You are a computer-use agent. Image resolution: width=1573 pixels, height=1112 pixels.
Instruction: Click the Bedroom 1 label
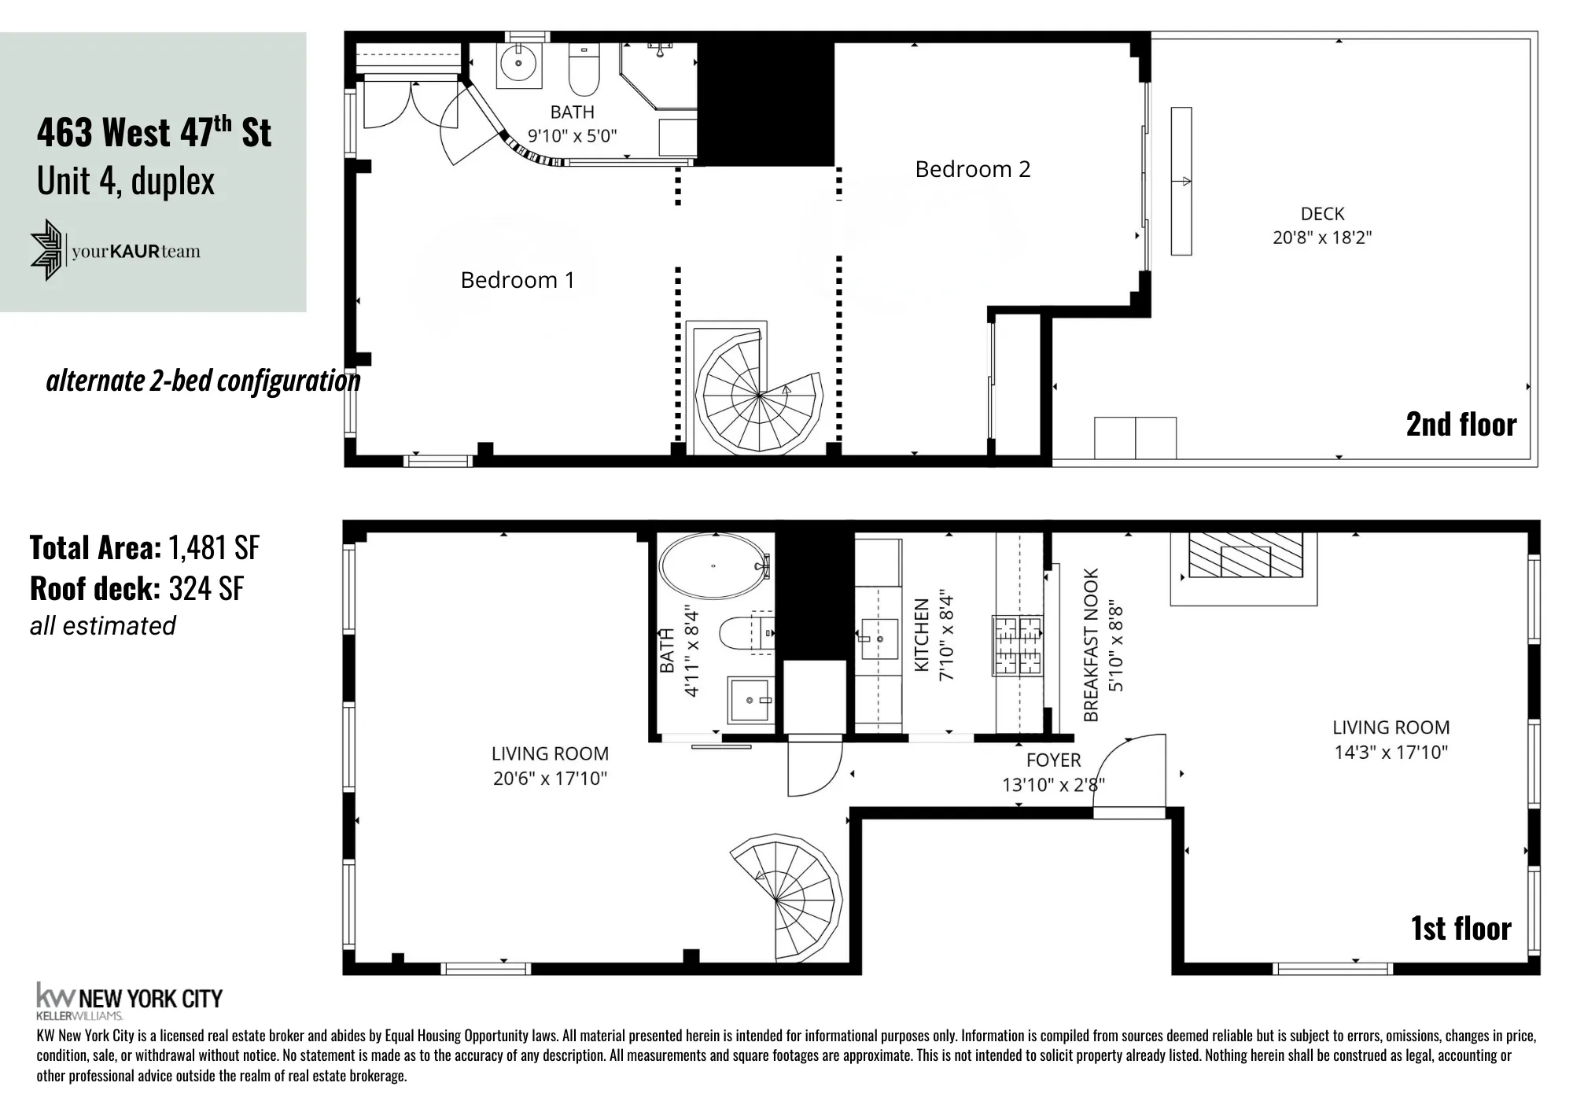[x=518, y=280]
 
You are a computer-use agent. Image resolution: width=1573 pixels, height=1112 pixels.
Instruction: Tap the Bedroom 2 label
[x=972, y=169]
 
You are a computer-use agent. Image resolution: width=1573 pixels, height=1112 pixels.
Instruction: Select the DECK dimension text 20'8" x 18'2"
[x=1322, y=237]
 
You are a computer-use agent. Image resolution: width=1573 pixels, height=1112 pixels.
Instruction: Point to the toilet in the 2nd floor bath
[x=584, y=71]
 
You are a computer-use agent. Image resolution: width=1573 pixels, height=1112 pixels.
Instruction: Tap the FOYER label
[x=1053, y=760]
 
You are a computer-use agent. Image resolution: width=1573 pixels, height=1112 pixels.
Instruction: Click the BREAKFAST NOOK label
[x=1091, y=645]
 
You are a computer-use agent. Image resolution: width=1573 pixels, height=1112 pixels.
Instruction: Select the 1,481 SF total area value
[x=213, y=548]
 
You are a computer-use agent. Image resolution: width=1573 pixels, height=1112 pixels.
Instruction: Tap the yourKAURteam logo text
[x=136, y=252]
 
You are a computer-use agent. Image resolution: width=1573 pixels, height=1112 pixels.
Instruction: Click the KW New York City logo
[x=130, y=999]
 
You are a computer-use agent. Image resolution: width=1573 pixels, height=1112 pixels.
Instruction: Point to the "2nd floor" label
[x=1461, y=425]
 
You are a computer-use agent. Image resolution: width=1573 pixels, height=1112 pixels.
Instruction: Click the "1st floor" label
[x=1461, y=928]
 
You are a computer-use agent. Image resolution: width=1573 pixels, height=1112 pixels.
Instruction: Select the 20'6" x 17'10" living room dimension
[x=550, y=779]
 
